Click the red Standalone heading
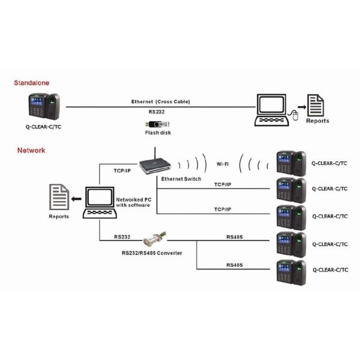click(x=32, y=82)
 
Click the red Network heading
click(x=31, y=150)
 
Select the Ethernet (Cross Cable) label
click(x=160, y=102)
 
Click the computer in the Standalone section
click(x=275, y=109)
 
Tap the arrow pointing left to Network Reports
click(x=76, y=199)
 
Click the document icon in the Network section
click(x=58, y=198)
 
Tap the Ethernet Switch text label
click(x=181, y=179)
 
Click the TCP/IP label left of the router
click(x=123, y=170)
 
